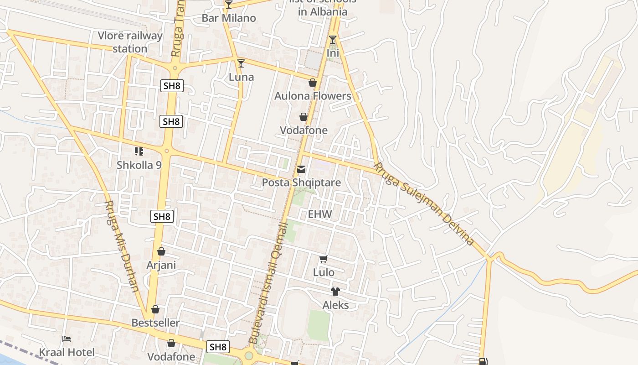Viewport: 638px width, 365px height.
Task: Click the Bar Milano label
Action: [229, 18]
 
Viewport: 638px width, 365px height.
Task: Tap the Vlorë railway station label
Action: [130, 42]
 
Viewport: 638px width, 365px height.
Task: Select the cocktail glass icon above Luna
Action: [241, 63]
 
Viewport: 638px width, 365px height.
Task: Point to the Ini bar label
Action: [333, 53]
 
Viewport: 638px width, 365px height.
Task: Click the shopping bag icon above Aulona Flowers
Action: [313, 83]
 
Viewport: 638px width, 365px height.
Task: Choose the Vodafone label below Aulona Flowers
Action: [304, 130]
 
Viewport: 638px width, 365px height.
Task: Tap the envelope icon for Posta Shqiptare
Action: [301, 170]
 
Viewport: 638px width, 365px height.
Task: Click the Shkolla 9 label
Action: [139, 165]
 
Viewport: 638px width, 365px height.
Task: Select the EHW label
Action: [320, 214]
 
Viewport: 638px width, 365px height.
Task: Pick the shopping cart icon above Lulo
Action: [324, 259]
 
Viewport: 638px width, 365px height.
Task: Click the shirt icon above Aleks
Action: [335, 292]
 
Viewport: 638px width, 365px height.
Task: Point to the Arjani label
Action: [161, 265]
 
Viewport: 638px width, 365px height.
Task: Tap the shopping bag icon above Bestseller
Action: [155, 309]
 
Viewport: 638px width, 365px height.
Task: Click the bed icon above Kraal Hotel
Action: [67, 339]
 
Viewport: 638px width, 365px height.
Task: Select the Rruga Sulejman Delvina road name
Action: [424, 204]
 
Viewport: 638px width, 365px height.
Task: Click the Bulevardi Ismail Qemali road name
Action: [268, 283]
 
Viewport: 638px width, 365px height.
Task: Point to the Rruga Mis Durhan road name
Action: [122, 246]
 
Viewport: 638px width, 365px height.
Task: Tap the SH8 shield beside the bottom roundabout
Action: [218, 347]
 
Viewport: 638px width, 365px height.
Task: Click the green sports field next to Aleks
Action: [319, 325]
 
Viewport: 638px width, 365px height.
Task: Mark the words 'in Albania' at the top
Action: [323, 12]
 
